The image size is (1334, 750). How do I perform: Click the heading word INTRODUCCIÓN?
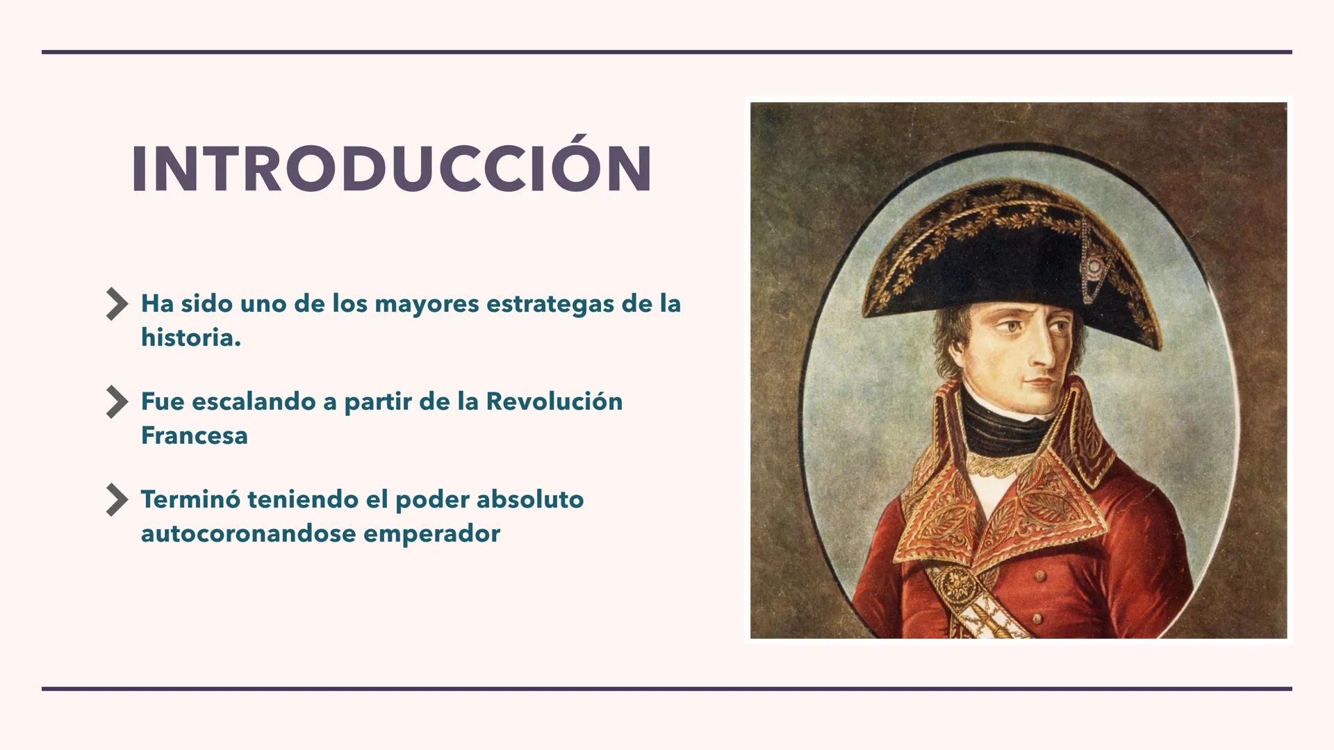(x=392, y=169)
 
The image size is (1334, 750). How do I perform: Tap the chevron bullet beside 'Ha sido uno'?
(x=117, y=304)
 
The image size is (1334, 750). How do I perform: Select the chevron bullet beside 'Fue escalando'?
(x=117, y=402)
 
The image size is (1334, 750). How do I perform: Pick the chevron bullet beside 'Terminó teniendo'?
(x=117, y=500)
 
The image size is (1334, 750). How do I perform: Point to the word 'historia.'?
(x=191, y=338)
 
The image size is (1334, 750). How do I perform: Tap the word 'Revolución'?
(x=554, y=402)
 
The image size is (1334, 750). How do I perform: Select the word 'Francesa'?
(x=195, y=436)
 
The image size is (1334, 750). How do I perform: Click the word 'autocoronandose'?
(x=248, y=534)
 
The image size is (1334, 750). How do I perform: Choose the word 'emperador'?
(x=431, y=534)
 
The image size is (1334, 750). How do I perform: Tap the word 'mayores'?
(x=426, y=304)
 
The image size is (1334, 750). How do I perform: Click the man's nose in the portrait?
(x=1042, y=354)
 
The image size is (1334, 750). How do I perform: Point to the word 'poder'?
(x=431, y=500)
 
